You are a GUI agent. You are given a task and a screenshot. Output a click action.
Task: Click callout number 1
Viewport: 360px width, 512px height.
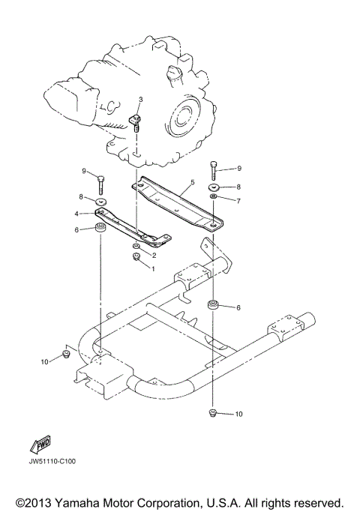[154, 268]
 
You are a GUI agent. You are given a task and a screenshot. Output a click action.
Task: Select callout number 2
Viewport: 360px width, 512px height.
[154, 255]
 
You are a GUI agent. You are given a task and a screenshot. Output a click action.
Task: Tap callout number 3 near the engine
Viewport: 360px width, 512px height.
[140, 100]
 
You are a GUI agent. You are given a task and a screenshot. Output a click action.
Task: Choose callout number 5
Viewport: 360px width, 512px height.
[192, 182]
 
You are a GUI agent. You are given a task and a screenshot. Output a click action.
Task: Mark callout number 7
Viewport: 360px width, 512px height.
[238, 201]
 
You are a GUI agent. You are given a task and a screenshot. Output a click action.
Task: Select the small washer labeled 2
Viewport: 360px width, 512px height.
[135, 246]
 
